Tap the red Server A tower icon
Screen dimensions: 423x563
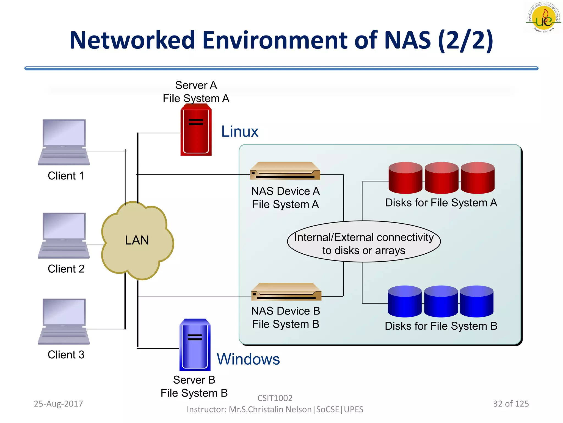point(196,132)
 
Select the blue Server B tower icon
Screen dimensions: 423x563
point(195,344)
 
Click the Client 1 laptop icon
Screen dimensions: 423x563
point(64,142)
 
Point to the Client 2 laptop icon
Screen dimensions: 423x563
point(64,235)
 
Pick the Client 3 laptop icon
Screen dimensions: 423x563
point(64,321)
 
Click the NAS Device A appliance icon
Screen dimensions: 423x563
point(285,171)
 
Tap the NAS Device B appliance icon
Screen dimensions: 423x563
point(286,292)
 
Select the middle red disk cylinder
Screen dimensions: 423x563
point(441,178)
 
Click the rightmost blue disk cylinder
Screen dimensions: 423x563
point(476,301)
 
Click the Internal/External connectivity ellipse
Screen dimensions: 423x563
point(363,241)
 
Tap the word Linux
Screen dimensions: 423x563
point(240,131)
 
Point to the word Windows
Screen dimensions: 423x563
point(248,359)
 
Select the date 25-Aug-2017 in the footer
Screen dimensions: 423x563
point(58,404)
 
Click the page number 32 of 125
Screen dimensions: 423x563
point(511,404)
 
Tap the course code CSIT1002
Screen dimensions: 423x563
point(275,398)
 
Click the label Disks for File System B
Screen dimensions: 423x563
point(441,326)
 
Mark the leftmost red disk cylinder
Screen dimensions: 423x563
point(405,178)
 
